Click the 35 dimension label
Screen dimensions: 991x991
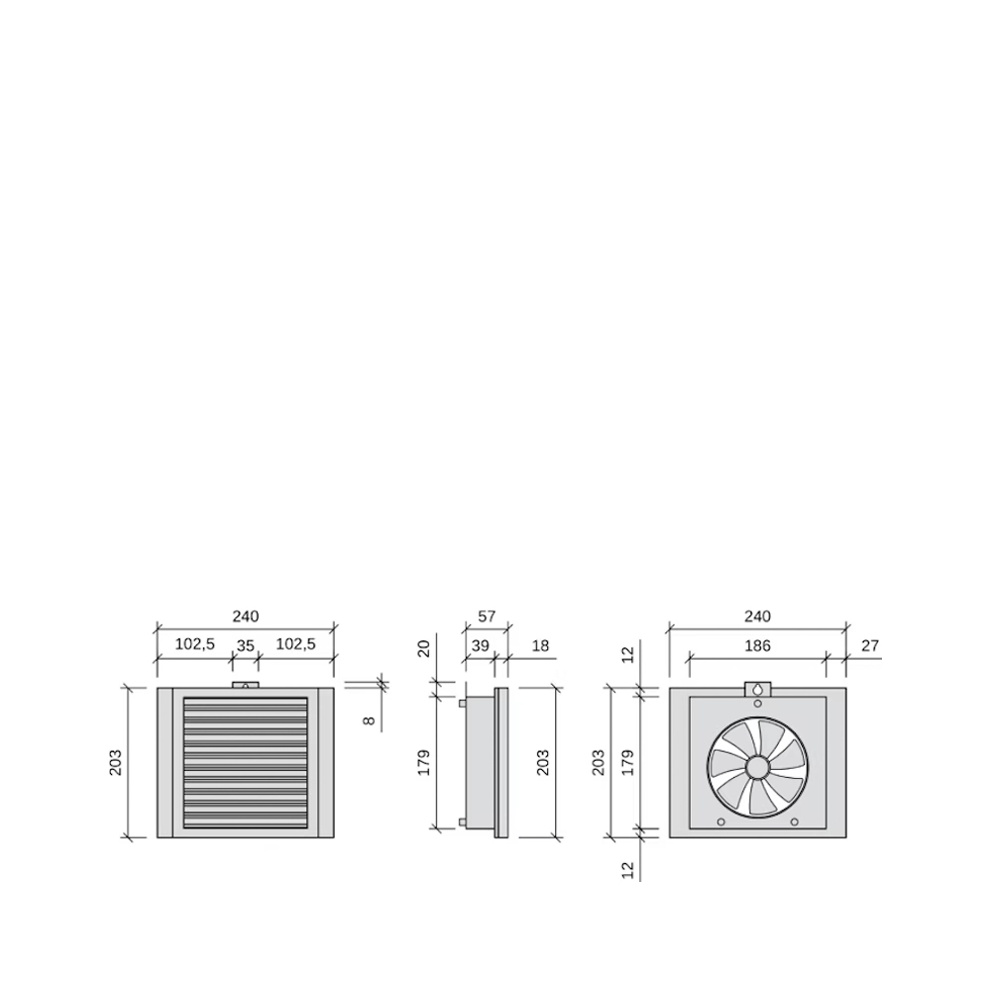[x=245, y=645]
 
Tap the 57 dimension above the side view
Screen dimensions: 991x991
[x=487, y=615]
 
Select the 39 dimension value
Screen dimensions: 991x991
[x=481, y=645]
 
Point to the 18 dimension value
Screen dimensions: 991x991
[x=540, y=645]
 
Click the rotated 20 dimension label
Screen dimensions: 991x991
[x=424, y=648]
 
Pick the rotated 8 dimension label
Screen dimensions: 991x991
[x=370, y=719]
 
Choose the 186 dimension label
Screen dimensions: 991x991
[x=757, y=645]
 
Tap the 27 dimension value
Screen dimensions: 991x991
[x=870, y=645]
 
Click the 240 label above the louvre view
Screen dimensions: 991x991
[x=245, y=615]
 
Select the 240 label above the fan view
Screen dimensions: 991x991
[x=757, y=615]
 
